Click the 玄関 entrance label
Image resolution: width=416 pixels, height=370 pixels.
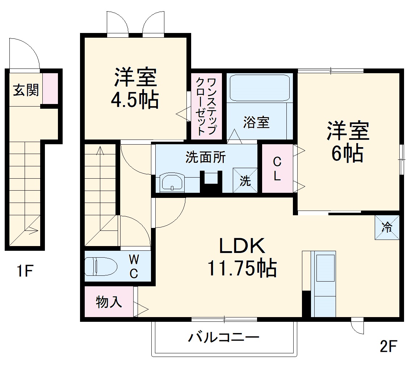[x=26, y=90]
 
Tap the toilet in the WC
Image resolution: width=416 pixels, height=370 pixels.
[x=101, y=267]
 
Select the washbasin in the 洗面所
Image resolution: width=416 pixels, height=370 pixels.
[x=172, y=182]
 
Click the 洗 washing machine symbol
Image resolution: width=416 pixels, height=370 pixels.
[x=245, y=180]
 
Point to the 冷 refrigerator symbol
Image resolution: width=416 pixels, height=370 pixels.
[x=387, y=227]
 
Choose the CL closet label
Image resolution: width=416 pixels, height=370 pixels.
[x=277, y=169]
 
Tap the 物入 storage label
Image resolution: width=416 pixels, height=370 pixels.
[x=109, y=302]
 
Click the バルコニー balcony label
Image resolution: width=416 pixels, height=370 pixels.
[x=223, y=338]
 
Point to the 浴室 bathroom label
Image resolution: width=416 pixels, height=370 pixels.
[x=256, y=122]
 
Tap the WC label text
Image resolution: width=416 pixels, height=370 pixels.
[x=134, y=266]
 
